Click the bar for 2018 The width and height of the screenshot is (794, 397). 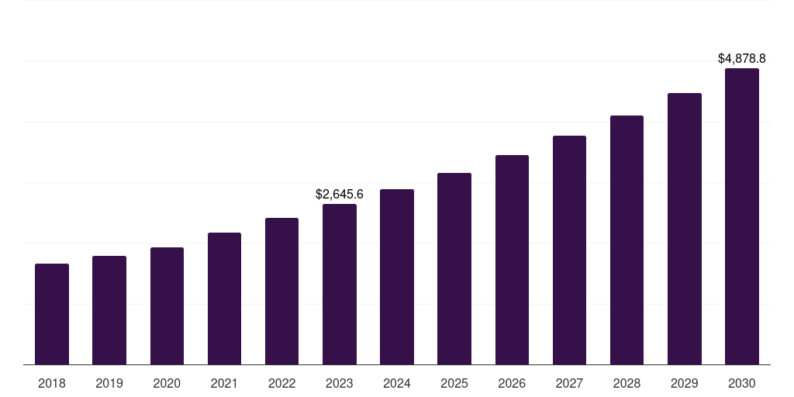coord(52,314)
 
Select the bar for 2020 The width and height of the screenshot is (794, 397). coord(167,306)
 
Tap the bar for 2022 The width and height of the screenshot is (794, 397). coord(281,292)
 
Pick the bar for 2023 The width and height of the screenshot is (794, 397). coord(340,285)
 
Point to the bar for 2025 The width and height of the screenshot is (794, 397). coord(454,269)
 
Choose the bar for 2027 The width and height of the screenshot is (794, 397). coord(569,250)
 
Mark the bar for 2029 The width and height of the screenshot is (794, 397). coord(684,229)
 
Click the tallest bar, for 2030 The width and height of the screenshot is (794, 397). coord(742,216)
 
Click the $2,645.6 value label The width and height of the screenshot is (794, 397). coord(340,195)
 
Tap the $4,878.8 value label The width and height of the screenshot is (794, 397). coord(742,59)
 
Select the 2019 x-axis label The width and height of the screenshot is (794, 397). coord(109,383)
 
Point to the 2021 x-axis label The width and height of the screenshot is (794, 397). coord(224,383)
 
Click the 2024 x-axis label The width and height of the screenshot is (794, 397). coord(397,383)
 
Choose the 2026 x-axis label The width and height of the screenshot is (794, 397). coord(512,383)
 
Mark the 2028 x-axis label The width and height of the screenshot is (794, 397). coord(627,383)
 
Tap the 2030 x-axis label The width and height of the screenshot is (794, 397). coord(742,383)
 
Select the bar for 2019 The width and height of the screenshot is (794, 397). coord(109,310)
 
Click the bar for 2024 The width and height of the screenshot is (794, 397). coord(397,277)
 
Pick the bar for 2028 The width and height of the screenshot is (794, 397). coord(627,240)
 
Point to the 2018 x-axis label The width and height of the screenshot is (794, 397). coord(52,383)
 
